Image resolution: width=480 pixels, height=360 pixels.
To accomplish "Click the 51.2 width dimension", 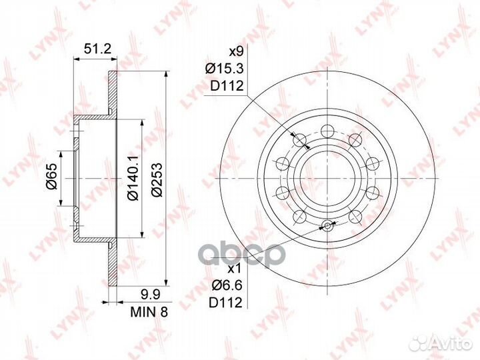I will click(x=96, y=48).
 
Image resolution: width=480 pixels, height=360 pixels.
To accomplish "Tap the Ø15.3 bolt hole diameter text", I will click(x=224, y=68).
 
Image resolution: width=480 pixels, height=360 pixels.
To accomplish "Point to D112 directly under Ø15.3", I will click(x=225, y=85).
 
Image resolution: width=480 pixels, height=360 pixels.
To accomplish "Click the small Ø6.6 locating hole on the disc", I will click(x=327, y=225).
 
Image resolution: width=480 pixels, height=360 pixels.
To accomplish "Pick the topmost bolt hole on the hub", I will click(x=327, y=131).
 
